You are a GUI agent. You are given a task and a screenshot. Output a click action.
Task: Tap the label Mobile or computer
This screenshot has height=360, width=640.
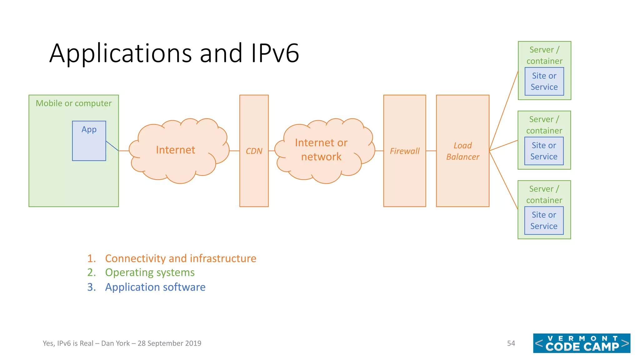[x=73, y=103]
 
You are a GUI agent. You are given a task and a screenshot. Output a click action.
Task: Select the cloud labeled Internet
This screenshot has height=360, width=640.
[x=176, y=150]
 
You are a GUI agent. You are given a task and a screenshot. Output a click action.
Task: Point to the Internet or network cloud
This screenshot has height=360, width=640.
[x=321, y=150]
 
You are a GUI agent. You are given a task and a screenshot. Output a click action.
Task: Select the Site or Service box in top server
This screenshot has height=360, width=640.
[x=544, y=82]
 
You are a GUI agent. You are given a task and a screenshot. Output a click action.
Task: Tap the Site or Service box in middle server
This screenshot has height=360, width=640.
[x=544, y=151]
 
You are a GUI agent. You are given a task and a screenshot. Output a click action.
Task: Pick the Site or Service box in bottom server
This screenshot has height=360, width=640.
[x=544, y=221]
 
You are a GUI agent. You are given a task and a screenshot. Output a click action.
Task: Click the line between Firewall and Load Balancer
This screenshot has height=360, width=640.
[x=431, y=151]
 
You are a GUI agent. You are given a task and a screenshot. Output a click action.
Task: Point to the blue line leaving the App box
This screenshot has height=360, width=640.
[x=112, y=146]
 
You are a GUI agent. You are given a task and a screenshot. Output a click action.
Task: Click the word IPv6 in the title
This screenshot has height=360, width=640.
[x=275, y=53]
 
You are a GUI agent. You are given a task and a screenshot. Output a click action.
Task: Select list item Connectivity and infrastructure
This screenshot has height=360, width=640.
[x=180, y=258]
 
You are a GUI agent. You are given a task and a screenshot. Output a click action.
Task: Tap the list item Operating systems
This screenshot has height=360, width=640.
[x=150, y=272]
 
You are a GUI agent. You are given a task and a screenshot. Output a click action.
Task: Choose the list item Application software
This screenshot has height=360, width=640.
[x=155, y=287]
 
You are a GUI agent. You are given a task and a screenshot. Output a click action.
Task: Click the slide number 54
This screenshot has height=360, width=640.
[x=511, y=343]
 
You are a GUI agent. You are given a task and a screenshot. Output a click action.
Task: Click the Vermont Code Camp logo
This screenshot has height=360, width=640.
[x=582, y=343]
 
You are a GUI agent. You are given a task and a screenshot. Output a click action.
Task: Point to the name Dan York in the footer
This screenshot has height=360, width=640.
[x=115, y=343]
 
